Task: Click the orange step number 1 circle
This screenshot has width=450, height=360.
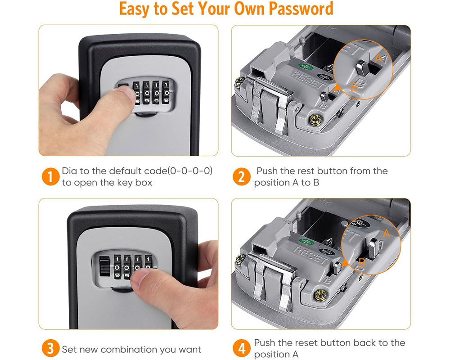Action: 50,177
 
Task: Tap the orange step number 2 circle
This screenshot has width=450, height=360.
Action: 242,177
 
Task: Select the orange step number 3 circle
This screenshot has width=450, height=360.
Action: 50,349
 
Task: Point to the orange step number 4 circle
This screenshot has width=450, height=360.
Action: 242,349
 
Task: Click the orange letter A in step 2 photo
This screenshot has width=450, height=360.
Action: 379,58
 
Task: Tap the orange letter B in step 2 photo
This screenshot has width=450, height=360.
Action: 354,87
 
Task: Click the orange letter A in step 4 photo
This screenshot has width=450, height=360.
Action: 385,234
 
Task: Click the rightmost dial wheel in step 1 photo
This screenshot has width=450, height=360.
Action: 167,93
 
